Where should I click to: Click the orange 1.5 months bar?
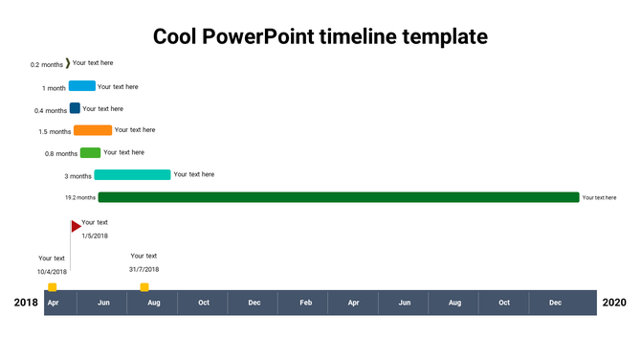(93, 130)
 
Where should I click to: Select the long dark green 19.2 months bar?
(339, 197)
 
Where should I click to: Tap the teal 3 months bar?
(132, 174)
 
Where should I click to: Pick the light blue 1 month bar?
(82, 86)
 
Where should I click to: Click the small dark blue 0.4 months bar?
(75, 108)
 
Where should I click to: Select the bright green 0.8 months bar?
(90, 152)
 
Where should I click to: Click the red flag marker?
(76, 226)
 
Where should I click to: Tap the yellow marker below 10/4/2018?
(53, 286)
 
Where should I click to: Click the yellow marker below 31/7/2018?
(144, 286)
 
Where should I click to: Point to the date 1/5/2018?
(95, 236)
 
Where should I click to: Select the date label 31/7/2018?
(144, 269)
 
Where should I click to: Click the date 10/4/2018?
(52, 272)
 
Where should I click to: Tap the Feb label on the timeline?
(305, 303)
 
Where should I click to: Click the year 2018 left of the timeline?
(26, 303)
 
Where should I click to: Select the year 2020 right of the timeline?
(614, 303)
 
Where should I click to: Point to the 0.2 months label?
(47, 65)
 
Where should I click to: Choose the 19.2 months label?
(79, 197)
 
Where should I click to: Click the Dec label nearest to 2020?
(556, 303)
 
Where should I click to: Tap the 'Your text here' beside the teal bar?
(194, 174)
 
